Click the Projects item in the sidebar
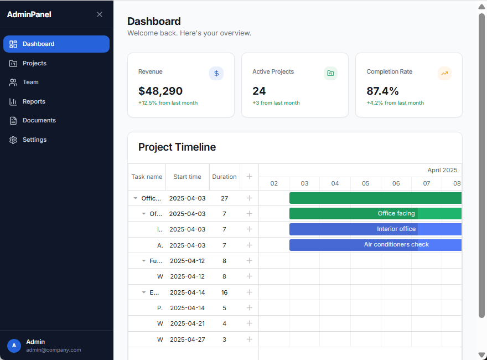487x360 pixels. pos(34,63)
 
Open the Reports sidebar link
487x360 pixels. pos(34,101)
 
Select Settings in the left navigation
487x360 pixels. pos(34,140)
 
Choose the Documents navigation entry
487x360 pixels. pos(39,120)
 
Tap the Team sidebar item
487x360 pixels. pos(30,82)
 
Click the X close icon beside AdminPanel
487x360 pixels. pos(100,14)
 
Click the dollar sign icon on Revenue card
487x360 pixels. pos(216,73)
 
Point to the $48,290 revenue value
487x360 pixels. pos(160,91)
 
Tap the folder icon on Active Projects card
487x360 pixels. pos(330,73)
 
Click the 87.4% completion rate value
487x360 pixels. pos(382,91)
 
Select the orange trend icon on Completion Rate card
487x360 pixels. pos(444,73)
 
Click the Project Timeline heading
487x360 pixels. pos(177,147)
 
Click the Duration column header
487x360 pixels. pos(224,177)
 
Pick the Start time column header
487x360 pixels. pos(187,177)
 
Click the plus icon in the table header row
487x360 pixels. pos(249,177)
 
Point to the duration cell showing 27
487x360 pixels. pos(224,198)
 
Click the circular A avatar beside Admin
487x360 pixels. pos(14,346)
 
